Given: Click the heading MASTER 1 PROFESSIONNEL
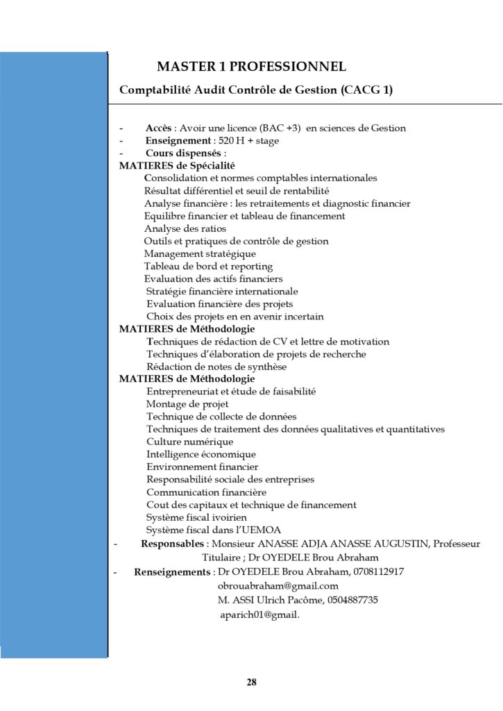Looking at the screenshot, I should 251,67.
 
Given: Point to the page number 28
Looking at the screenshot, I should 251,682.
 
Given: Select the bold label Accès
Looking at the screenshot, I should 158,128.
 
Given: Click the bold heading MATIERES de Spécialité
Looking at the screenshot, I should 177,166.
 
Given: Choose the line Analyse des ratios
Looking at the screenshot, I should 185,228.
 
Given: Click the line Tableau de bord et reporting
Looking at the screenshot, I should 208,266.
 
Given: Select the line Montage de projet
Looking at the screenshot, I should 187,404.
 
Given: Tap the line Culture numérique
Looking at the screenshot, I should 189,442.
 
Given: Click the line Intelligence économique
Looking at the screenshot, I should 201,454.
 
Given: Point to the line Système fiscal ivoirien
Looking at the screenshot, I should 196,517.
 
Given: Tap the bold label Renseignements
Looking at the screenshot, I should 173,572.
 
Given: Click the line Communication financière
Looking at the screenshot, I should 206,492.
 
